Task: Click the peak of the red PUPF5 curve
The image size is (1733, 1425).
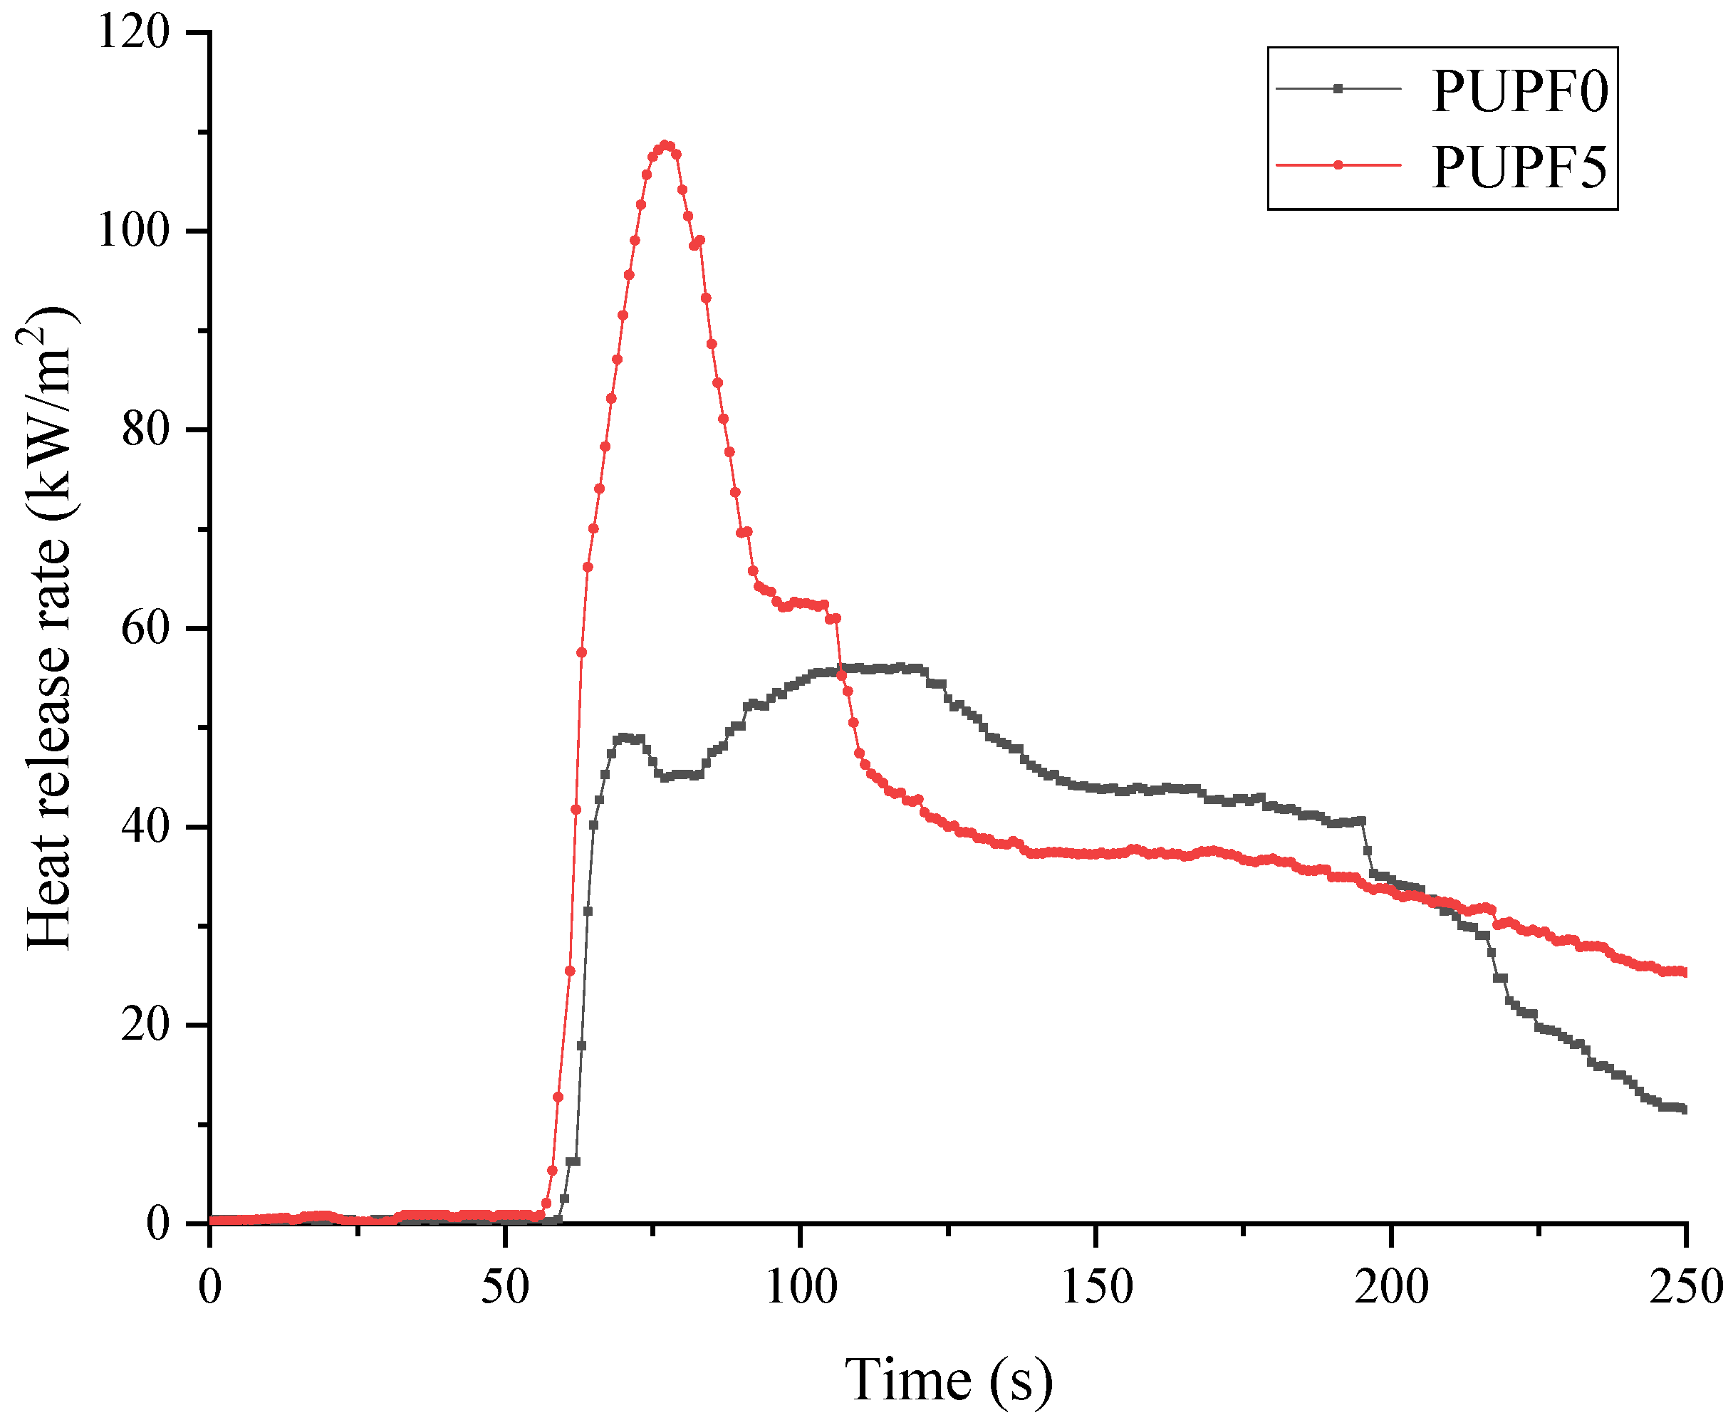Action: pos(666,145)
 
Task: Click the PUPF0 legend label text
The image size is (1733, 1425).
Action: pos(1519,91)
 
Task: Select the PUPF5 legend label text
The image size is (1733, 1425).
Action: pos(1519,167)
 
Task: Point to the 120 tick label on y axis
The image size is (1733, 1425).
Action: pos(134,33)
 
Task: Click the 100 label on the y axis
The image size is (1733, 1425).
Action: pos(134,231)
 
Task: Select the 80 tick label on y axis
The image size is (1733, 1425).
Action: pos(145,429)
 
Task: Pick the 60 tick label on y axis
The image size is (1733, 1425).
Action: pos(145,628)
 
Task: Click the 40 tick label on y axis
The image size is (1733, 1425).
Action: pos(145,827)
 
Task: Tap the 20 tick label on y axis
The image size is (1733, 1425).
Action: pos(145,1025)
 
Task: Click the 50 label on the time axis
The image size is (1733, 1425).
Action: pos(505,1286)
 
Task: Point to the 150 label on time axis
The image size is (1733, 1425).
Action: pos(1097,1286)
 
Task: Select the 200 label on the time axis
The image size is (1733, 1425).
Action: pos(1392,1286)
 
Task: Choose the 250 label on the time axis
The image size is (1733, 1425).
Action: pos(1685,1286)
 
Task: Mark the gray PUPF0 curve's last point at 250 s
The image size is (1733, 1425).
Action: pos(1684,1110)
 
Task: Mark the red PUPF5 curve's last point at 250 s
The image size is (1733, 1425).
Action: pos(1684,973)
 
